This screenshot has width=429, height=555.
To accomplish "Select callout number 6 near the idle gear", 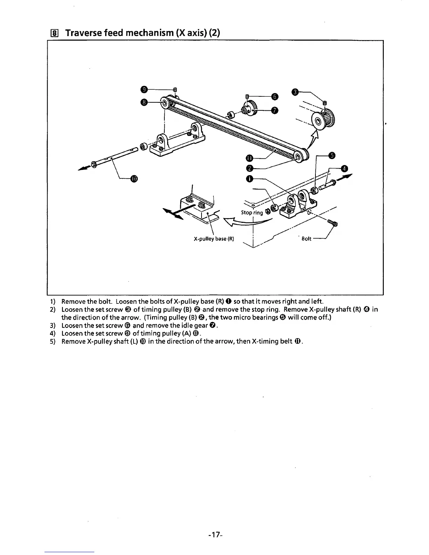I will tap(275, 96).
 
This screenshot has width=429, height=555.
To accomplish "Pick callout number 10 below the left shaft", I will tap(134, 179).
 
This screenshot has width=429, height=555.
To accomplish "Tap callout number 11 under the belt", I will tap(249, 159).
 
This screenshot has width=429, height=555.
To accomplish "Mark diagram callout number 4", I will tap(344, 169).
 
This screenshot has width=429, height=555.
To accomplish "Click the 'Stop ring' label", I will tap(252, 213).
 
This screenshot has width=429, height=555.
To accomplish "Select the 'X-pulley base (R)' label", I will tap(214, 239).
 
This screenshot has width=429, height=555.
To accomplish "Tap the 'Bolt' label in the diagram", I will tap(306, 239).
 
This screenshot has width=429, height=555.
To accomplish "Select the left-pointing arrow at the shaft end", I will tap(83, 169).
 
